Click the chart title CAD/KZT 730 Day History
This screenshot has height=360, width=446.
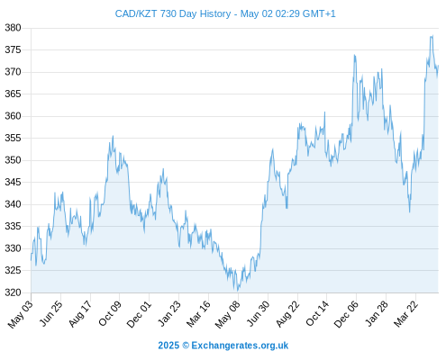[x=173, y=13]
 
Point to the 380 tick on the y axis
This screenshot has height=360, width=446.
[x=13, y=28]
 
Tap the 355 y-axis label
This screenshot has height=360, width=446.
[x=13, y=138]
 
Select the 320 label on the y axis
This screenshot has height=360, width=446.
[x=13, y=292]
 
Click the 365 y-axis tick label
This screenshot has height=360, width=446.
[x=13, y=94]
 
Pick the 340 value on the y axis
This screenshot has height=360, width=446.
[x=13, y=204]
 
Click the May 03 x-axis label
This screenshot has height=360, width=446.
[x=20, y=314]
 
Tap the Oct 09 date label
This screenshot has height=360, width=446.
[x=110, y=313]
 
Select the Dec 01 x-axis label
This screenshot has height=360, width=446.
[x=139, y=314]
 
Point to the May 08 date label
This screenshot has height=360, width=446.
[x=228, y=314]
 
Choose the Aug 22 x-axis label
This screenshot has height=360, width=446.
[x=287, y=313]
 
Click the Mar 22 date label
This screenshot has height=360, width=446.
[x=406, y=313]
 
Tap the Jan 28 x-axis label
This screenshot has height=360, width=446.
[x=377, y=313]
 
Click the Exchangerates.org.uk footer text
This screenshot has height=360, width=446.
[x=240, y=346]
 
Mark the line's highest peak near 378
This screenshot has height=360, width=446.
[x=432, y=36]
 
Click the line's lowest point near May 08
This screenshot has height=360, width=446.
[x=238, y=291]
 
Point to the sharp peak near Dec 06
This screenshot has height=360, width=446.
[x=355, y=55]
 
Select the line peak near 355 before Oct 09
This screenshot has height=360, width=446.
[x=113, y=136]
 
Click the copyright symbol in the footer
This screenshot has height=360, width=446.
[x=186, y=346]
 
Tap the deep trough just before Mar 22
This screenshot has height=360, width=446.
[x=409, y=211]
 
